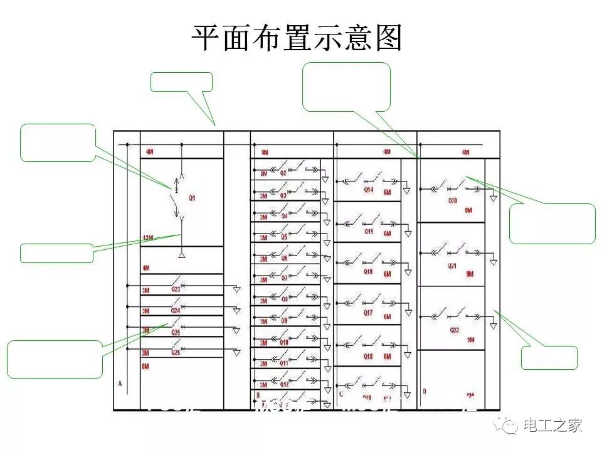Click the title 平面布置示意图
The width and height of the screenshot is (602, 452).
(296, 39)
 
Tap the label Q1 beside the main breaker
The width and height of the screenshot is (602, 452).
(193, 198)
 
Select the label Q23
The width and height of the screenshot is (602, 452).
(176, 289)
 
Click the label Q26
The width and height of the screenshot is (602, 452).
(176, 353)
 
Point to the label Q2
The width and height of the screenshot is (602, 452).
(283, 173)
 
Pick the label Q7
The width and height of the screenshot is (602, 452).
(284, 277)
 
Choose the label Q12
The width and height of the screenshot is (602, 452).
(284, 384)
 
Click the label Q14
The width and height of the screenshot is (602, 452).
(368, 190)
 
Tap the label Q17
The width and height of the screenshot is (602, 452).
(368, 313)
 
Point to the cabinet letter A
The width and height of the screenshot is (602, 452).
(119, 383)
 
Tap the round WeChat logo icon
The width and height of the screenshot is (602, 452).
(505, 426)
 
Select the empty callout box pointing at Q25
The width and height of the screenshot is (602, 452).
(55, 359)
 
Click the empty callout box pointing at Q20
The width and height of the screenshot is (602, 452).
(552, 223)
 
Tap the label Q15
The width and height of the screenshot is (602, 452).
(368, 231)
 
